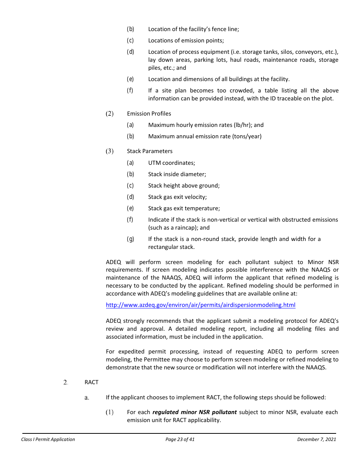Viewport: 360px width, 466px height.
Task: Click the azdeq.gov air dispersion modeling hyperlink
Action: pyautogui.click(x=200, y=305)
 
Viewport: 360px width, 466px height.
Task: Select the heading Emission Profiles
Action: pyautogui.click(x=149, y=114)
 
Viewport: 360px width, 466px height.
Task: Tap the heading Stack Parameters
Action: pyautogui.click(x=150, y=151)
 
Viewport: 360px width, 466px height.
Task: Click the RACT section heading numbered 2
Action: pyautogui.click(x=91, y=382)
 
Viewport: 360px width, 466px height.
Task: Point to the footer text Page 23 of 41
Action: pyautogui.click(x=180, y=439)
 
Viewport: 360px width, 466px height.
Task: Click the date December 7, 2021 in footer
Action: pyautogui.click(x=316, y=439)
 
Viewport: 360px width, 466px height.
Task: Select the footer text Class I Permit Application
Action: pyautogui.click(x=48, y=439)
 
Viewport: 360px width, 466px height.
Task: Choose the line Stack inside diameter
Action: pyautogui.click(x=177, y=174)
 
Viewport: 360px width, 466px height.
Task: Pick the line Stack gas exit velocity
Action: pyautogui.click(x=177, y=197)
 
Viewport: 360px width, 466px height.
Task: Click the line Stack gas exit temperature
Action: pyautogui.click(x=184, y=208)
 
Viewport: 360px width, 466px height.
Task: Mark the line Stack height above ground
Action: pyautogui.click(x=184, y=186)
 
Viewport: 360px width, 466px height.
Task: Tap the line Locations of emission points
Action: pyautogui.click(x=186, y=41)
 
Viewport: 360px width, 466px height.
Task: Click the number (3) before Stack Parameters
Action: pyautogui.click(x=110, y=151)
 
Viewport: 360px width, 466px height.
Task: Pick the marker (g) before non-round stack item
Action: pyautogui.click(x=130, y=239)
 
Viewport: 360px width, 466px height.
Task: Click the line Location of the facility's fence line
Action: pyautogui.click(x=193, y=29)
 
